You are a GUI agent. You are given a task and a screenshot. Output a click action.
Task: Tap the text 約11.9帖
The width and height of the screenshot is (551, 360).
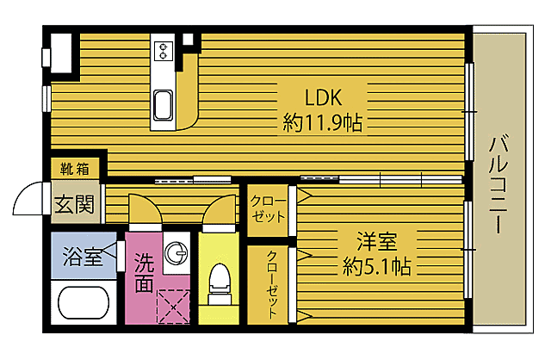(x=322, y=122)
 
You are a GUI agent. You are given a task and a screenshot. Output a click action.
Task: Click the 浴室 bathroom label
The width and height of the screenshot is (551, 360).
(x=83, y=256)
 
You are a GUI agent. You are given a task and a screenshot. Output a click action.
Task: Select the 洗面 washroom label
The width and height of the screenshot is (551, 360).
(x=142, y=270)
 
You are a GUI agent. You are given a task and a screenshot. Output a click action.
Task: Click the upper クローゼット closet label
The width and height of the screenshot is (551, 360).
(x=268, y=209)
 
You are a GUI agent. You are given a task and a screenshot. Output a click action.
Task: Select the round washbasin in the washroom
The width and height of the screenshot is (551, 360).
(x=176, y=253)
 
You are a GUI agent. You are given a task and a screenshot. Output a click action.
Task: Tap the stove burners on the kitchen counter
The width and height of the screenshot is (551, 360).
(x=164, y=50)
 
